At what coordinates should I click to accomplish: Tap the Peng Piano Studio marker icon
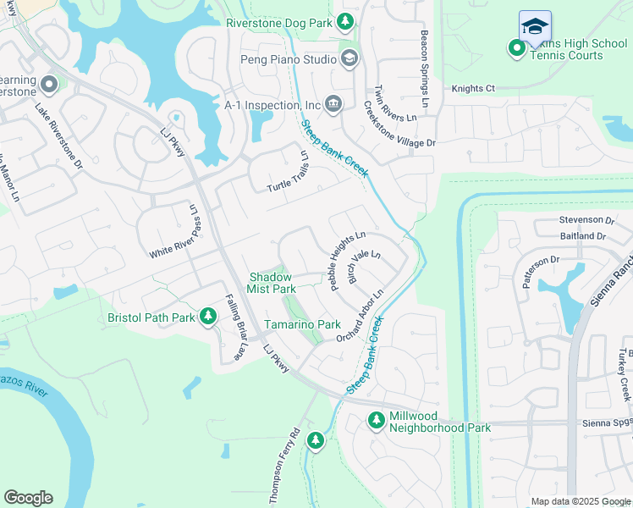pyautogui.click(x=349, y=58)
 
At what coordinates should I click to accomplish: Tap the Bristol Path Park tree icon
pyautogui.click(x=207, y=317)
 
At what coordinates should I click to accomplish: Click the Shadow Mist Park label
pyautogui.click(x=269, y=283)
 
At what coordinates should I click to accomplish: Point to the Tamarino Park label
pyautogui.click(x=302, y=324)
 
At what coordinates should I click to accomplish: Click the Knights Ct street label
pyautogui.click(x=472, y=88)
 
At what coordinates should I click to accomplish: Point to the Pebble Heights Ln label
pyautogui.click(x=347, y=261)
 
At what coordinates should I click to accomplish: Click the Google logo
pyautogui.click(x=28, y=498)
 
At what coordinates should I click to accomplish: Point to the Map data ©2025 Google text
pyautogui.click(x=580, y=501)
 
